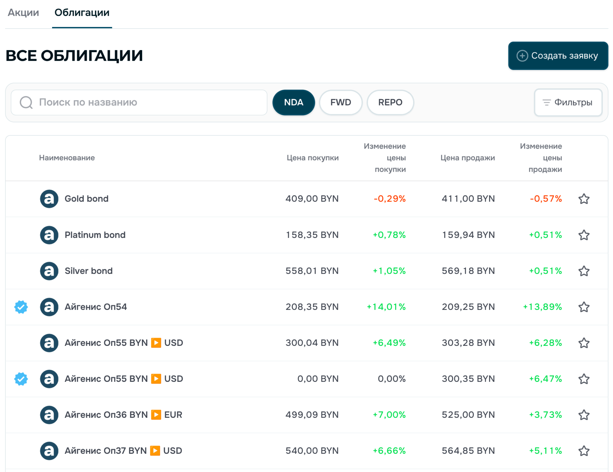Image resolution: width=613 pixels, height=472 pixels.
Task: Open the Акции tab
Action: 23,13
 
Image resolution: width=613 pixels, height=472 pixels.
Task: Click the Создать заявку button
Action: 558,56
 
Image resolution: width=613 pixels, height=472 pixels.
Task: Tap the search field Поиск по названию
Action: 139,102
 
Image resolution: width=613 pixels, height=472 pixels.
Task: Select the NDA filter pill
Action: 294,102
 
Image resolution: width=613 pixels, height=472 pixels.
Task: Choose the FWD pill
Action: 341,102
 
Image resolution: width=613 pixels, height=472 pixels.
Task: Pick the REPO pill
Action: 390,102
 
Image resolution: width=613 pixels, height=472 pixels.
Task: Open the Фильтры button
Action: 568,102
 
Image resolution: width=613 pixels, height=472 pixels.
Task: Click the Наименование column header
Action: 67,158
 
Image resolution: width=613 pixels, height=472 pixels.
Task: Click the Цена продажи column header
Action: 468,158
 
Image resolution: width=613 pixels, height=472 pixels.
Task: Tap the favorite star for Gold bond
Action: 584,199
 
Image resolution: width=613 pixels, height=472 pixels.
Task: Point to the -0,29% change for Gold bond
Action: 390,199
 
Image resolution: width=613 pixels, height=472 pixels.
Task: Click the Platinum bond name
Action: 95,235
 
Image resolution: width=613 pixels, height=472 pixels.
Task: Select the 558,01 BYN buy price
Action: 312,271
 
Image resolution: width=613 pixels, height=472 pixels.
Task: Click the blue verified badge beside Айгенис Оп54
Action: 21,307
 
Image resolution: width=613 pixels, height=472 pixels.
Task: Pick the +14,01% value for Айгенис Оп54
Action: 386,307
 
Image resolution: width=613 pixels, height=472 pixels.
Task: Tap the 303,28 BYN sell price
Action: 468,343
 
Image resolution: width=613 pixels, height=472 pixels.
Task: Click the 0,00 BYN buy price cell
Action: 318,379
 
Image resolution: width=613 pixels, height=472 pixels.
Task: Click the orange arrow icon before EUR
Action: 156,415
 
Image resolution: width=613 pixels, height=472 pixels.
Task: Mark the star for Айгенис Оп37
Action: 584,451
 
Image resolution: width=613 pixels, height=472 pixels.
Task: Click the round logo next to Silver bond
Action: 49,271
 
